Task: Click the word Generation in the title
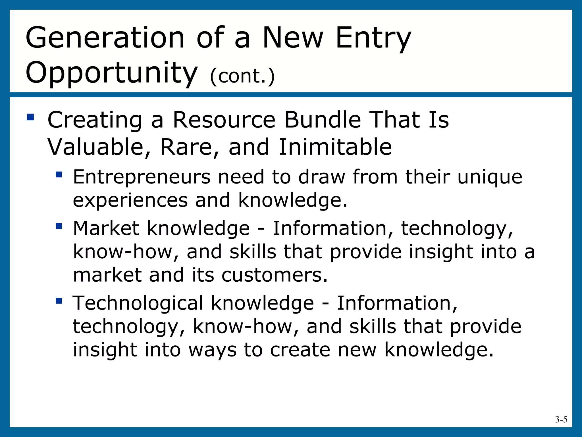(x=105, y=38)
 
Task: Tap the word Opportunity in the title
(x=111, y=73)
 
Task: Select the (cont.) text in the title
(x=242, y=76)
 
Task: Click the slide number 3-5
(x=561, y=419)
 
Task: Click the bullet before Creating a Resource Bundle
(x=30, y=117)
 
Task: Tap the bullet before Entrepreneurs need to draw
(x=59, y=174)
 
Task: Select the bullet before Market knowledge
(x=59, y=226)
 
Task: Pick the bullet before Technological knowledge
(x=59, y=300)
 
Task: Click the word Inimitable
(x=335, y=147)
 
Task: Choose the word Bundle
(x=322, y=120)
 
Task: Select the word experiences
(x=130, y=201)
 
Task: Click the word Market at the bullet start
(x=106, y=228)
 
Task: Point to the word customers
(x=274, y=275)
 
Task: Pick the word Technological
(x=138, y=303)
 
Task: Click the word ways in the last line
(x=212, y=350)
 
